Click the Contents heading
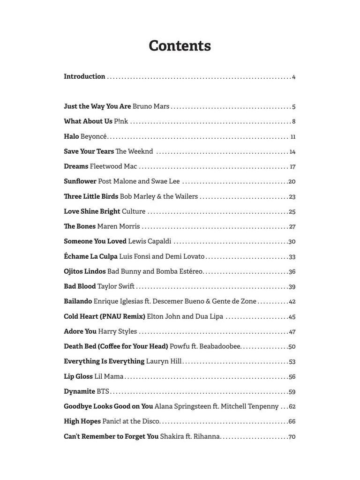point(180,46)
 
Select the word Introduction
point(84,76)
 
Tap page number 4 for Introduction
point(293,77)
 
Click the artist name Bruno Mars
point(151,106)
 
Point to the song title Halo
point(71,136)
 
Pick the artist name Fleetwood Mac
point(113,166)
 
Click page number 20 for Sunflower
point(292,182)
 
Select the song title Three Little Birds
point(91,196)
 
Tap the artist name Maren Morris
point(119,226)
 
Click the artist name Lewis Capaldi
point(150,241)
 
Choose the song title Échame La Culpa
point(90,256)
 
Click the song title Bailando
point(78,301)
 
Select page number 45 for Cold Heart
point(292,317)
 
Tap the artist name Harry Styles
point(118,331)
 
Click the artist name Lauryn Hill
point(164,361)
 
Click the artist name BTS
point(103,391)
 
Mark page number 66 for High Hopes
point(292,422)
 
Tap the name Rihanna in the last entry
point(207,436)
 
